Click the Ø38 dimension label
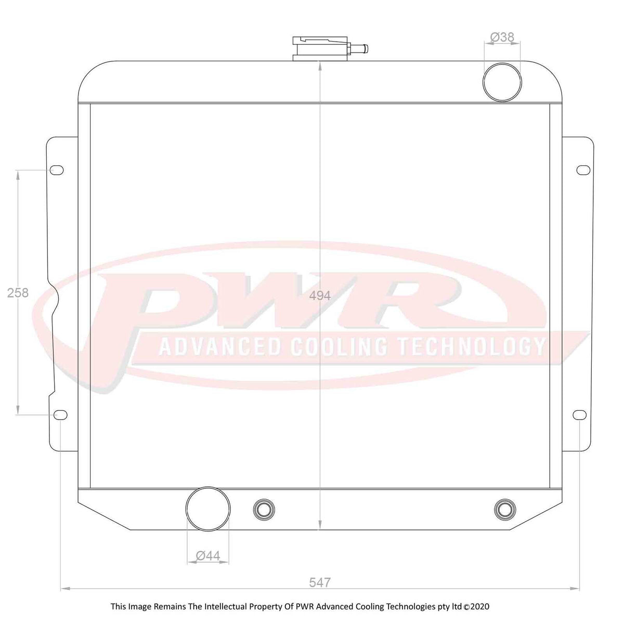(502, 37)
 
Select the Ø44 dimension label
(208, 556)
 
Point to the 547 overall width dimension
(320, 582)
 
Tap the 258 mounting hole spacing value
(18, 293)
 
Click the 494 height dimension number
(320, 296)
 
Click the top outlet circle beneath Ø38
(502, 81)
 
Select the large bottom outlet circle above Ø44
(208, 509)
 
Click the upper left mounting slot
(57, 171)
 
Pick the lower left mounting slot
(61, 414)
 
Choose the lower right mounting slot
(580, 414)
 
